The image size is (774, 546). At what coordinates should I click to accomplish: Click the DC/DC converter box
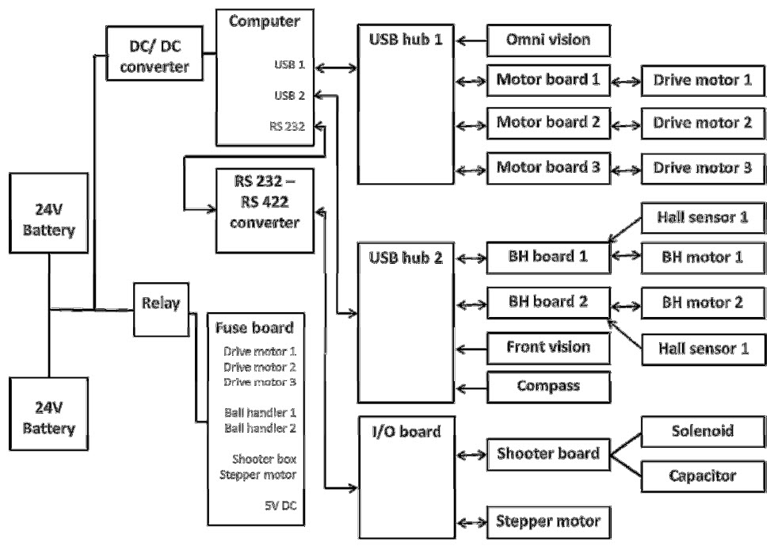[159, 55]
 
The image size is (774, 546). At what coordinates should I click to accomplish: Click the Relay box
[162, 302]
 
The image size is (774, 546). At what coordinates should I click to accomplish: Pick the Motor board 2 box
[548, 124]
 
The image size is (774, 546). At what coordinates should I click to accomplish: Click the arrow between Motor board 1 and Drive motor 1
[627, 81]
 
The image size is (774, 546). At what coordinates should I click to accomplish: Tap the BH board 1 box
[548, 258]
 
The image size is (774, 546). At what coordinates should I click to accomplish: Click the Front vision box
[548, 346]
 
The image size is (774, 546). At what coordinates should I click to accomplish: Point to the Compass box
[548, 387]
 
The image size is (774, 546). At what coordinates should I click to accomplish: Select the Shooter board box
[548, 454]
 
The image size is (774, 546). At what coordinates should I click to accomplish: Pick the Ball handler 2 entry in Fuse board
[260, 428]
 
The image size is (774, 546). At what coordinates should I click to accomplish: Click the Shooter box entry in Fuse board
[265, 460]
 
